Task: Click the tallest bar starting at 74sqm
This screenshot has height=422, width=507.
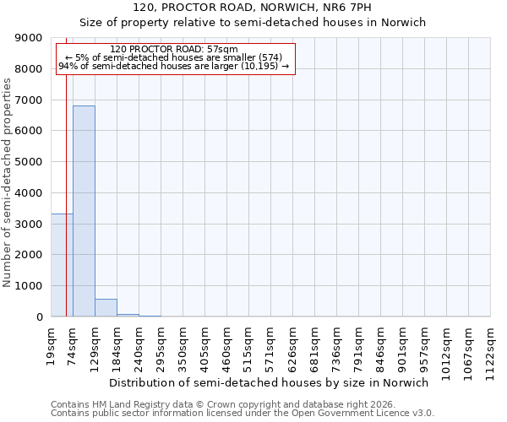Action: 84,211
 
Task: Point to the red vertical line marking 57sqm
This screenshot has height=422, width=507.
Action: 66,169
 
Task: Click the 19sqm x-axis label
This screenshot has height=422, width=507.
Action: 52,345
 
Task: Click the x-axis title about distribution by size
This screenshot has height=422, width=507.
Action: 269,382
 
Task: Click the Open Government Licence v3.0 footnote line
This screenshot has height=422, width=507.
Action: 243,413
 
